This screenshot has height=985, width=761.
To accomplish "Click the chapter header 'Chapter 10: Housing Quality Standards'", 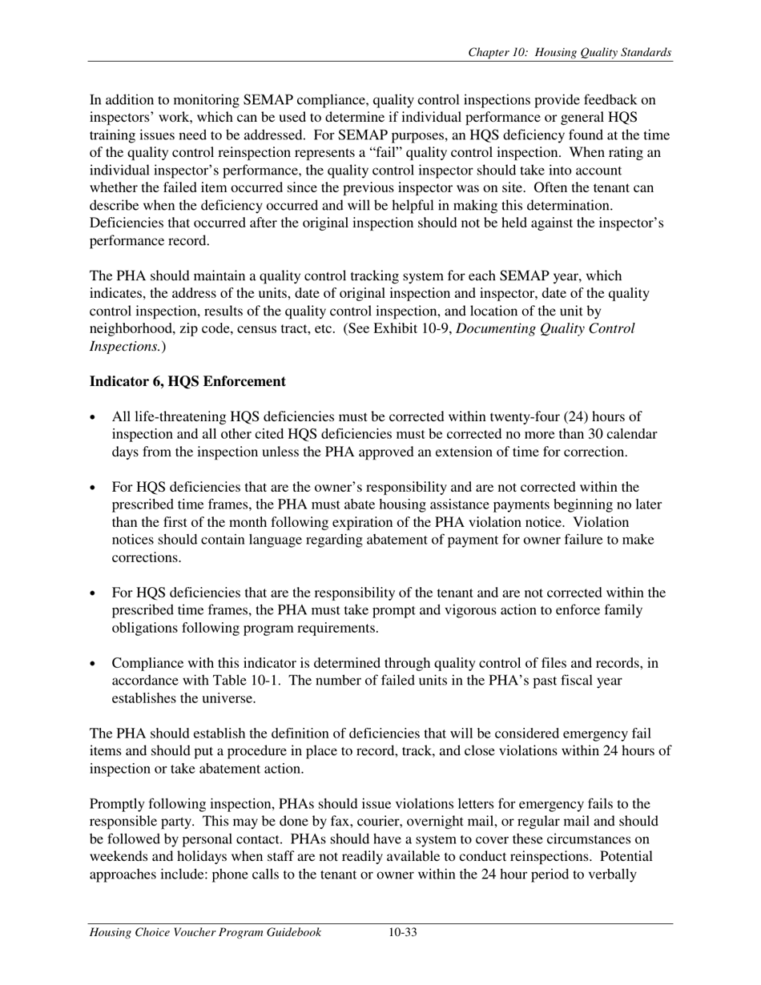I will pos(570,53).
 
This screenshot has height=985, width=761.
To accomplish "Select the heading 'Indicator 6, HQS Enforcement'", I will pos(187,381).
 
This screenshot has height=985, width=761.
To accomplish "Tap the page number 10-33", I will pos(403,932).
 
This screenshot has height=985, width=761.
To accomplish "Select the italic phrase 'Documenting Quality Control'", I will pos(545,329).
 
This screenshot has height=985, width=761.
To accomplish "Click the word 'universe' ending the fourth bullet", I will pos(228,699).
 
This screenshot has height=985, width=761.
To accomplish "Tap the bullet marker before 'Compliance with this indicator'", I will pos(95,664).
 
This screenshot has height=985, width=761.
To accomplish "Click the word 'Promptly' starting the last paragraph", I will pos(116,804).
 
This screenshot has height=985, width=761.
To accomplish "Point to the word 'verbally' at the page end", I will pos(612,874).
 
